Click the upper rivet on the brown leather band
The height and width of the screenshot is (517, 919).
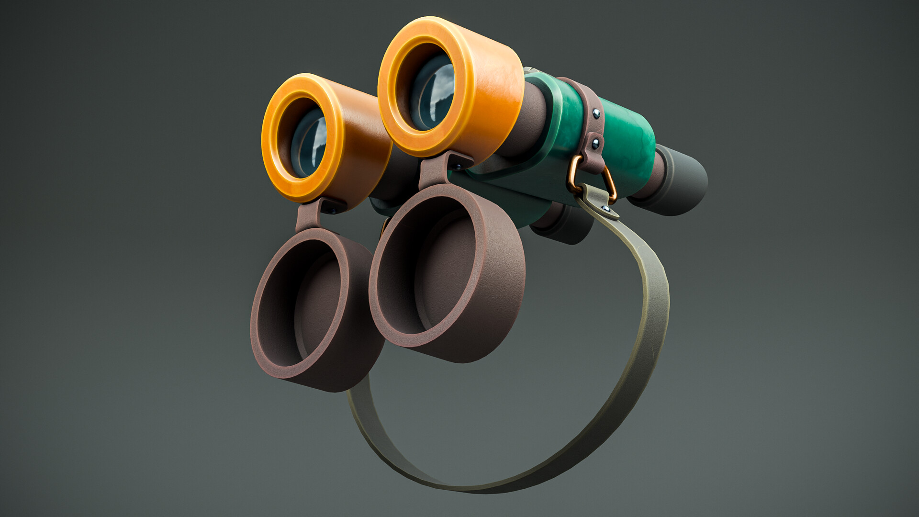[x=596, y=113]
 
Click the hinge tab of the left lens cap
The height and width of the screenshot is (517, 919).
[x=309, y=215]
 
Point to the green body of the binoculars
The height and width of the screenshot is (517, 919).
[x=627, y=144]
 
